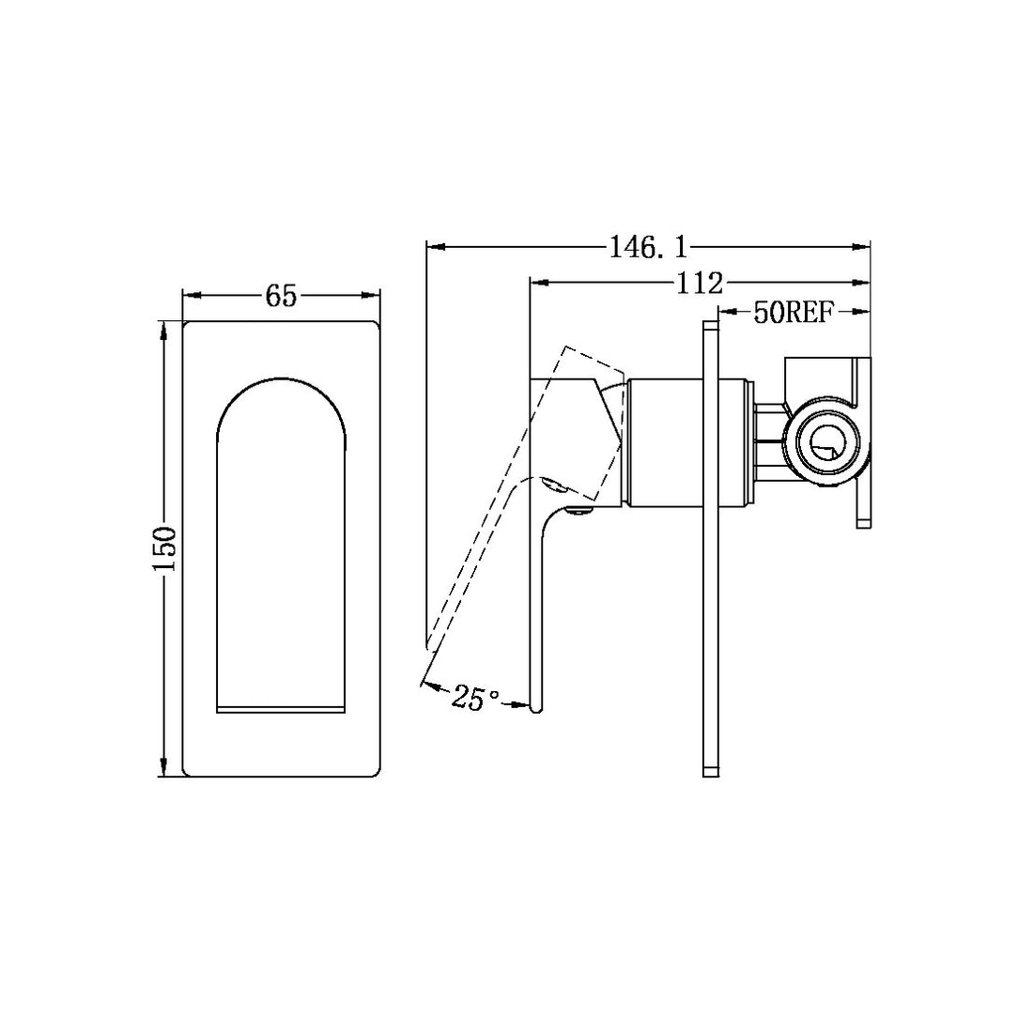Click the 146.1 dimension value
[x=648, y=248]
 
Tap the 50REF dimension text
[x=794, y=313]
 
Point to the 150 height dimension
[x=165, y=549]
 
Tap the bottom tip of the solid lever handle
[x=536, y=706]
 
